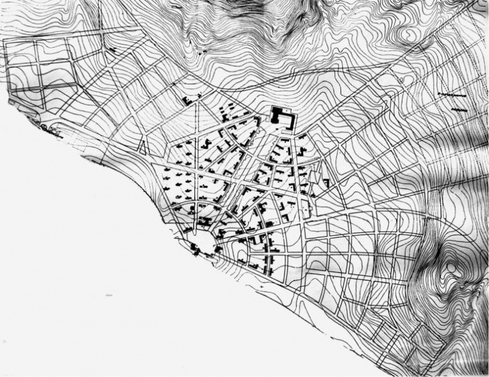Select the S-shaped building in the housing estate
(x=205, y=143)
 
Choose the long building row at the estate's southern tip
(x=268, y=257)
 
